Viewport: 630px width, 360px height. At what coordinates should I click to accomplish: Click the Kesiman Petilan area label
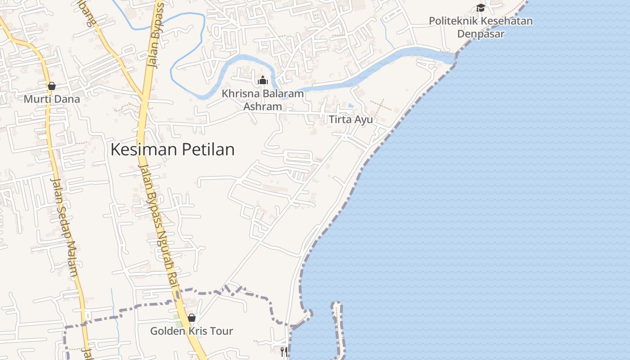click(172, 149)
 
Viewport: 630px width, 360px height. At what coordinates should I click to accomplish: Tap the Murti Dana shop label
click(52, 99)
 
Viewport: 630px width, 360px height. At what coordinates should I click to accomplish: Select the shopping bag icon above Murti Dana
click(52, 86)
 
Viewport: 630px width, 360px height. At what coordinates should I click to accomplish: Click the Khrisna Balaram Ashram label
click(263, 100)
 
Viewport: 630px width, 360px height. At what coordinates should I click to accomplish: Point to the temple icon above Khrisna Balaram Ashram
click(263, 81)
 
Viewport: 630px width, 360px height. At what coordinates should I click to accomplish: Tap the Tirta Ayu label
click(351, 120)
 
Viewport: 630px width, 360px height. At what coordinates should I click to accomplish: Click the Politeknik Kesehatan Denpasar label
click(481, 27)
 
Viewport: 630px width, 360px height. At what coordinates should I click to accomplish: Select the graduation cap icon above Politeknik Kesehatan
click(481, 8)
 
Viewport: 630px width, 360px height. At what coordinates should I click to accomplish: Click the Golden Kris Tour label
click(192, 331)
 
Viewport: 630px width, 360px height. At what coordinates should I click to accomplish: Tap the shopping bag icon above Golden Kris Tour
click(192, 318)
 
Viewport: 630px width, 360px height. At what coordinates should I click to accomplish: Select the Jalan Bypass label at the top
click(157, 34)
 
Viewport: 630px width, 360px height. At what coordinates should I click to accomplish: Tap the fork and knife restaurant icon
click(284, 351)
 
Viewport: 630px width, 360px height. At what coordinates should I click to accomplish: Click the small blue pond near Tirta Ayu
click(351, 106)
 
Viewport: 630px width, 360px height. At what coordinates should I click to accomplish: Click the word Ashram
click(263, 107)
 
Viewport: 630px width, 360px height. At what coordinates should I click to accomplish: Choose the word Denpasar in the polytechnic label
click(481, 34)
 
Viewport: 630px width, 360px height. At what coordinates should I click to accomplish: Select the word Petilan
click(208, 149)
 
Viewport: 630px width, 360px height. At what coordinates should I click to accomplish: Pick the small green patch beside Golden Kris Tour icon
click(179, 324)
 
